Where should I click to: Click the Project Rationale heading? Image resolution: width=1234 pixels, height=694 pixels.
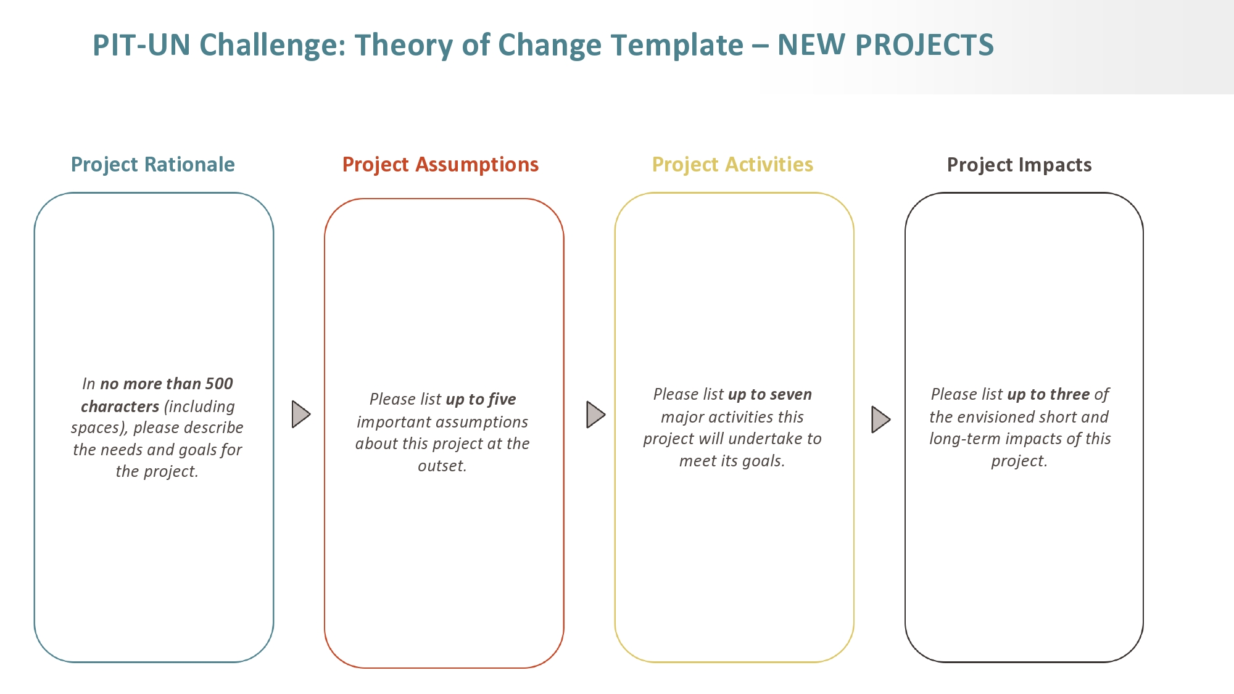[153, 165]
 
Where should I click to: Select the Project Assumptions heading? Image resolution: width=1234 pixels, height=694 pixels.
[441, 165]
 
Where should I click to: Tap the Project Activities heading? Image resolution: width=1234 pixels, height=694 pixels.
[732, 165]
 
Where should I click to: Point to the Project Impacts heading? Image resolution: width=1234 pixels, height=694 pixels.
[1019, 165]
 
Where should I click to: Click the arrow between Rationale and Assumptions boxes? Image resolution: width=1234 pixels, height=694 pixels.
[300, 414]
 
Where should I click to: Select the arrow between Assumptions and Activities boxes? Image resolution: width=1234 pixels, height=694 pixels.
[595, 415]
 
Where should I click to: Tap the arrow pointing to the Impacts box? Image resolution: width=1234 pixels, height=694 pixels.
[880, 419]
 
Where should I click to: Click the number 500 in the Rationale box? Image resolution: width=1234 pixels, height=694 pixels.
[219, 384]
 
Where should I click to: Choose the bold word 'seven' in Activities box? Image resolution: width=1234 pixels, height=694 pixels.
[792, 394]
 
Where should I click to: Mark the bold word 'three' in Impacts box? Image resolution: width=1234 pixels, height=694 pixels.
[1070, 394]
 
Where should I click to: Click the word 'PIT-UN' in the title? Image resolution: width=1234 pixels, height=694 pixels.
[141, 45]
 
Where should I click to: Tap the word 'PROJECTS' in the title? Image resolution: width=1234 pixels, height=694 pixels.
[925, 45]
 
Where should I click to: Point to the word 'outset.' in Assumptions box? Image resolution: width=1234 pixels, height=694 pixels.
[442, 466]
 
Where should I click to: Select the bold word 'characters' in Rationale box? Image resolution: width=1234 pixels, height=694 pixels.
[120, 407]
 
